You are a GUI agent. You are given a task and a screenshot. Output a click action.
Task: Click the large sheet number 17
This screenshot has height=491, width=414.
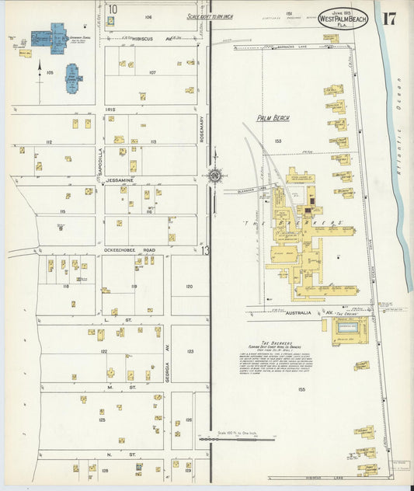coord(389,18)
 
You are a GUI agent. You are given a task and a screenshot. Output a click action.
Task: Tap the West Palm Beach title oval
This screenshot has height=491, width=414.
coord(343,19)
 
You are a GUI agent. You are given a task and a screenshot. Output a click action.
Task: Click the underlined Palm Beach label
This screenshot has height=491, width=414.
coord(273,118)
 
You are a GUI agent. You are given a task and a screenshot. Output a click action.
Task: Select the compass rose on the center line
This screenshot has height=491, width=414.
coord(215,176)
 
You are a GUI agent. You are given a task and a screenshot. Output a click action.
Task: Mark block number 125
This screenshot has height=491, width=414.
coord(102,420)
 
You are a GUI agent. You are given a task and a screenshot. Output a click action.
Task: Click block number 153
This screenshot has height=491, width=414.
coord(277,141)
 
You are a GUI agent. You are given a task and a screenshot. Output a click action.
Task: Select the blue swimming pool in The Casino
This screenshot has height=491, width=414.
coord(346,328)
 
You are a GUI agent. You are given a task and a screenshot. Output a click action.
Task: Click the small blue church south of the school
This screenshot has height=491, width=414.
coord(75,79)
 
